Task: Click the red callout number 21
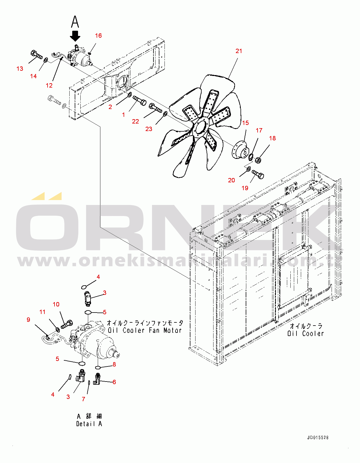(239, 51)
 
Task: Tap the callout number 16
(98, 36)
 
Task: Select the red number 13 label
(20, 69)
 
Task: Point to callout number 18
(272, 138)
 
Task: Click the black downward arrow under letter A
(75, 36)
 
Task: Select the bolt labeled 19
(258, 175)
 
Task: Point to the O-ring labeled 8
(98, 367)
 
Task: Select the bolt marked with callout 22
(155, 108)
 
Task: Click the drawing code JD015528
(318, 438)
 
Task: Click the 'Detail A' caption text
(89, 424)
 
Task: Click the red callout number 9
(28, 319)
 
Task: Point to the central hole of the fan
(200, 129)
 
